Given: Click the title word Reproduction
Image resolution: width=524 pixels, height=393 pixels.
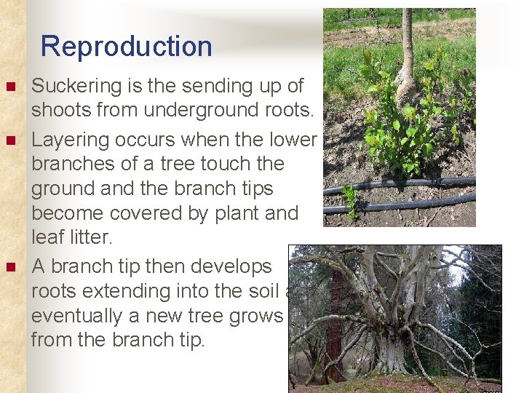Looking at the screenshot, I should coord(126,47).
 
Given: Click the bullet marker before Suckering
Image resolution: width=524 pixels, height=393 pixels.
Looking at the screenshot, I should coord(9,87).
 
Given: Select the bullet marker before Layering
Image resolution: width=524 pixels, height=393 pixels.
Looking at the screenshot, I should coord(9,138).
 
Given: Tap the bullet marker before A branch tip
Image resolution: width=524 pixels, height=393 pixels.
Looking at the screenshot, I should coord(9,266).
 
